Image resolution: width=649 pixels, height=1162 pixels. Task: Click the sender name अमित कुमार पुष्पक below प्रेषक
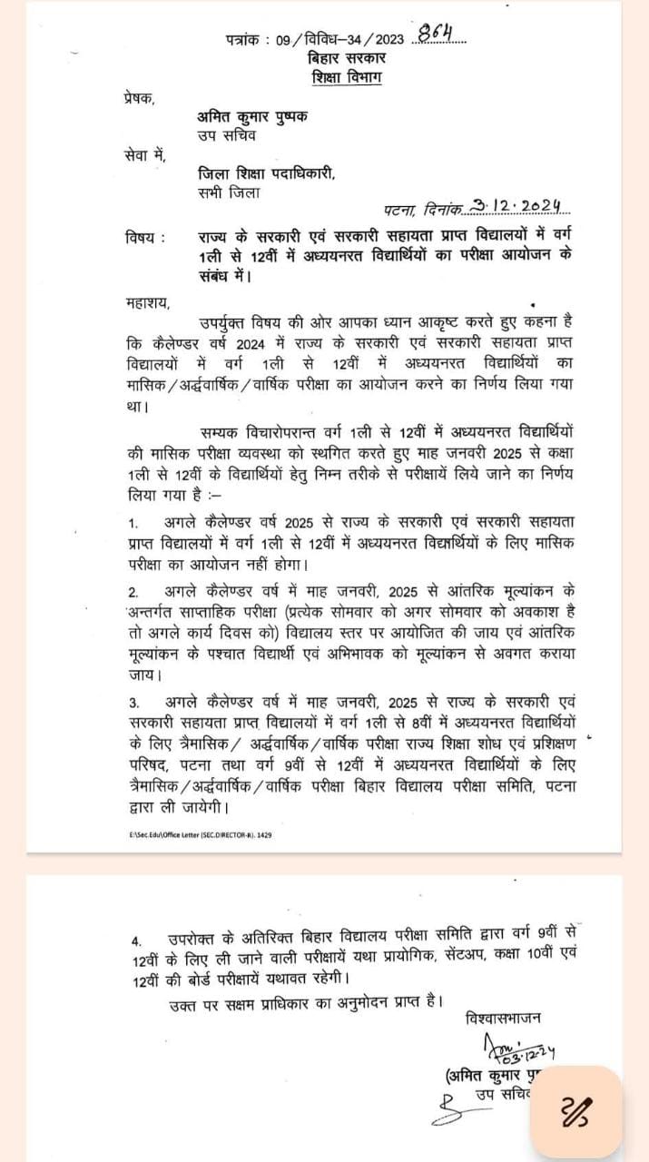click(x=253, y=117)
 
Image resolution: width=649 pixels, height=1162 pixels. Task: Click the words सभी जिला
click(x=228, y=193)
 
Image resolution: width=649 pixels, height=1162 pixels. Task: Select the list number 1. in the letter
click(x=133, y=524)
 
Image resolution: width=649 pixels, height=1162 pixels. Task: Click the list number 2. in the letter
click(x=133, y=590)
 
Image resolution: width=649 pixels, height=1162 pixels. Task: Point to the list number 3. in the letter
click(x=133, y=703)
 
